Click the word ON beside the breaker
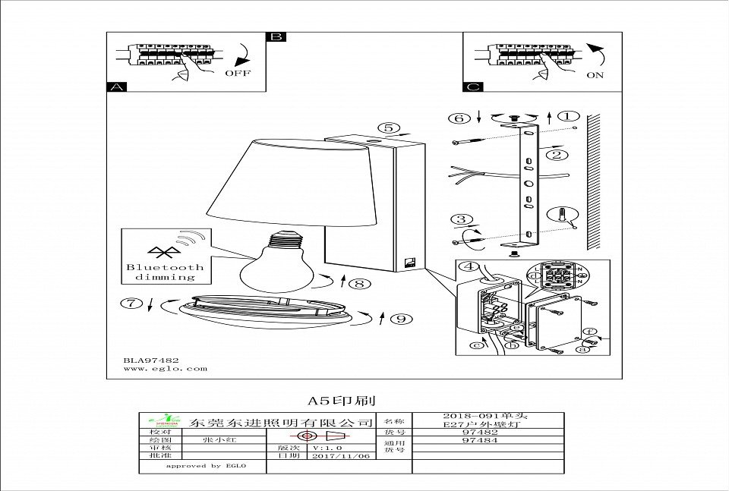coord(595,75)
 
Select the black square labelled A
coord(116,87)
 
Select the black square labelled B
coord(276,37)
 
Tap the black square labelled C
coord(472,87)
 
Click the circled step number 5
coord(388,128)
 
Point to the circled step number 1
coord(568,117)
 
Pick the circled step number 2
coord(558,155)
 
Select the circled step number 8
coord(360,284)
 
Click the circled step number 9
coord(400,319)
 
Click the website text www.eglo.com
coord(165,369)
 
